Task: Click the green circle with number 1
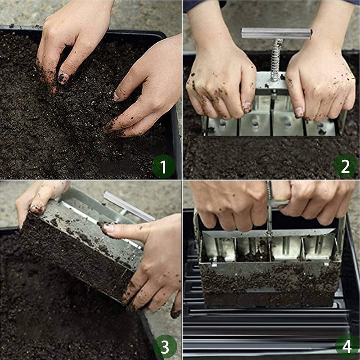[163, 167]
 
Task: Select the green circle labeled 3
[165, 347]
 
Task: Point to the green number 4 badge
[346, 346]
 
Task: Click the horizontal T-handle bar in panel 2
[276, 33]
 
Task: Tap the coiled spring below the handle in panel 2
[275, 58]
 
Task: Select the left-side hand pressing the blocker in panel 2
[220, 83]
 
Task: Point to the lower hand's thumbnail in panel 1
[117, 96]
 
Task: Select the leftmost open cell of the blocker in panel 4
[218, 247]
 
